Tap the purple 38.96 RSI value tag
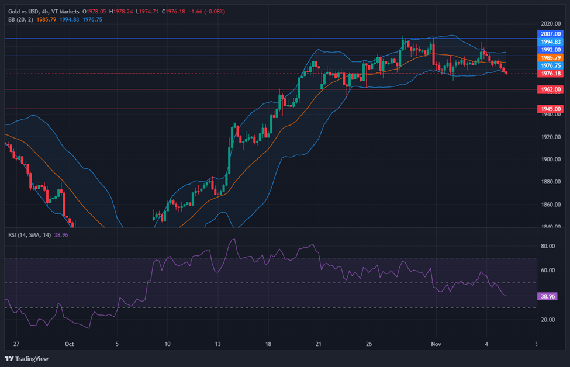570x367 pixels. coord(548,297)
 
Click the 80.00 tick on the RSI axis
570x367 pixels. coord(547,247)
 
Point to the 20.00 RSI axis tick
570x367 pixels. coord(547,320)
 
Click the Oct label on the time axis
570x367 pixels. coord(69,344)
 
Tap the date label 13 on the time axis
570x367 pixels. coord(218,344)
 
